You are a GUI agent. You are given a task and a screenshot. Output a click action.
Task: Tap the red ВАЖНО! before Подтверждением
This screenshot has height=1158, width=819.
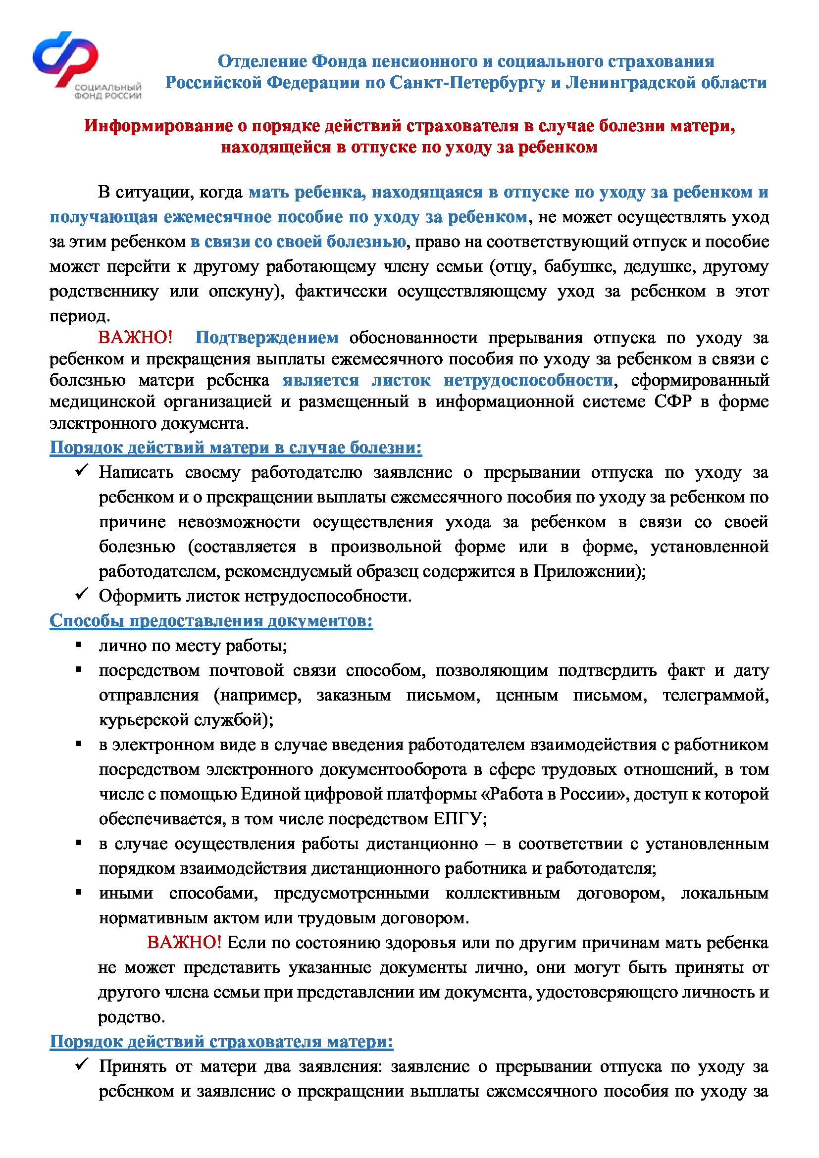[x=135, y=338]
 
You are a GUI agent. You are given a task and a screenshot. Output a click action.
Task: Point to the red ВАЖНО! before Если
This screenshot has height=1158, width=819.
[x=184, y=942]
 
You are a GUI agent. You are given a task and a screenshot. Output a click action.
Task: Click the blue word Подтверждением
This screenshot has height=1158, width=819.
[x=267, y=338]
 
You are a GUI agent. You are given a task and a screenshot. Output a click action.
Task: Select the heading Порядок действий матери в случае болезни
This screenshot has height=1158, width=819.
[x=236, y=448]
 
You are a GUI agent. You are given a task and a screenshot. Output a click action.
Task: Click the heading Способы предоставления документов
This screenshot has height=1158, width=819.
[x=211, y=620]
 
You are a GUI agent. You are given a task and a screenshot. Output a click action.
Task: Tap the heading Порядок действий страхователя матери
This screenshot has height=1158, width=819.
[x=221, y=1042]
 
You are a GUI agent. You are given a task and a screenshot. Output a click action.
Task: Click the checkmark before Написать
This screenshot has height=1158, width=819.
[x=82, y=470]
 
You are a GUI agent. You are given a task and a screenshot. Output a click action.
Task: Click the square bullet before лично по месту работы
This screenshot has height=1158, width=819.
[x=79, y=645]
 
